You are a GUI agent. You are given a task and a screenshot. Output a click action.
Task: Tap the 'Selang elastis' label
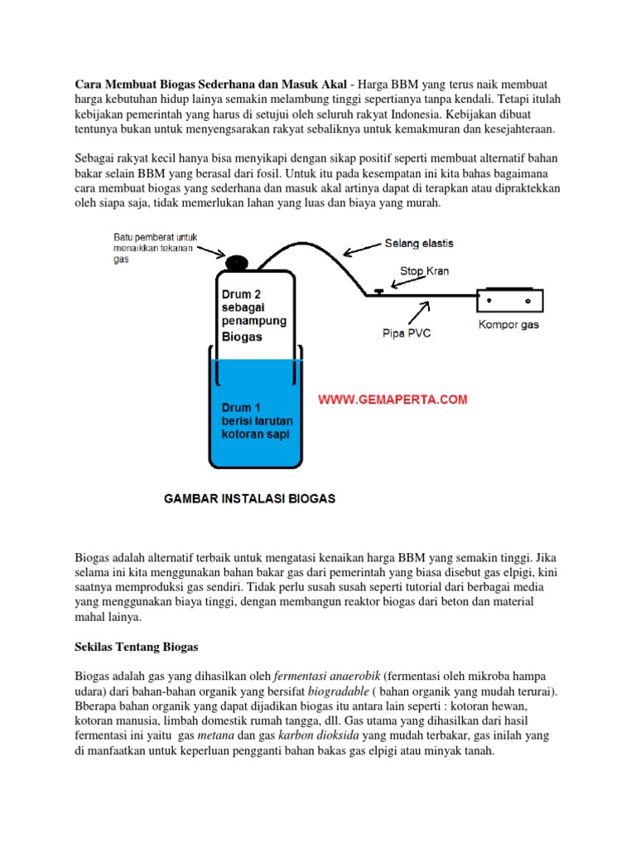click(418, 244)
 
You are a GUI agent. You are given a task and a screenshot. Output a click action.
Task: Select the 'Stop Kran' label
click(423, 270)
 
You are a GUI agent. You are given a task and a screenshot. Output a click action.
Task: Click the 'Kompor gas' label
click(508, 324)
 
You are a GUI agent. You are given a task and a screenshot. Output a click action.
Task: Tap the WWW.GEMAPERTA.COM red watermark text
click(393, 400)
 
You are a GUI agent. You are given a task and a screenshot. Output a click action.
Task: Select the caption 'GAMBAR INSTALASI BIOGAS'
click(249, 499)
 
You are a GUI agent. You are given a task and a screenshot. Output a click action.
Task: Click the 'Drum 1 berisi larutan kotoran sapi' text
click(254, 420)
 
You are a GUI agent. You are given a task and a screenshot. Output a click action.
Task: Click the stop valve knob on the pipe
click(378, 290)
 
